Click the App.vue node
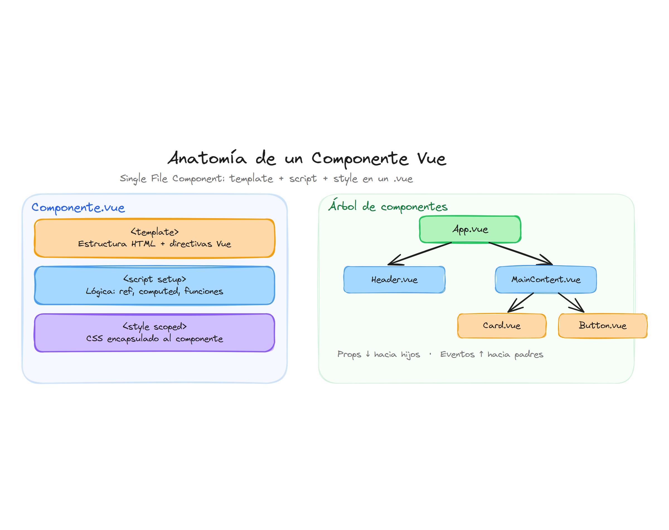tap(470, 229)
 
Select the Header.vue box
tap(394, 279)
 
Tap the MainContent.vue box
tap(545, 279)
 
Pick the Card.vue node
tap(501, 325)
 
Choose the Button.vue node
tap(602, 325)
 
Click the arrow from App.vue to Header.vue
tap(420, 254)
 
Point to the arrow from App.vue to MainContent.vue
tap(521, 254)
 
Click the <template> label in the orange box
tap(154, 232)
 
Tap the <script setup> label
tap(154, 279)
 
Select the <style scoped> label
tap(154, 326)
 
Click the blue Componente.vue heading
tap(78, 207)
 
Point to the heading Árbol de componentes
tap(387, 206)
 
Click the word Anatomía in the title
tap(207, 158)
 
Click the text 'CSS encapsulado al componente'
tap(154, 338)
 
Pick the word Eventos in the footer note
tap(457, 354)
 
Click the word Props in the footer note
tap(349, 354)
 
